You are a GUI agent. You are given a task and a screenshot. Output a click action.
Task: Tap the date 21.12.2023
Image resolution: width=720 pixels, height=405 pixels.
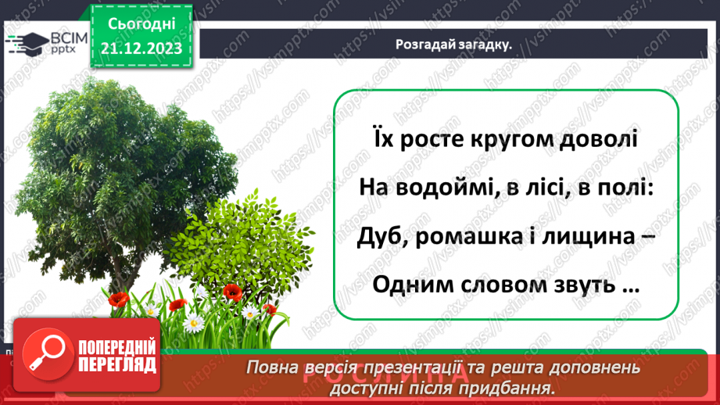141,48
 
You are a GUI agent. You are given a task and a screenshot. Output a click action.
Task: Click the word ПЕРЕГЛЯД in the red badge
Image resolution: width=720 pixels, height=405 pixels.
118,364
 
